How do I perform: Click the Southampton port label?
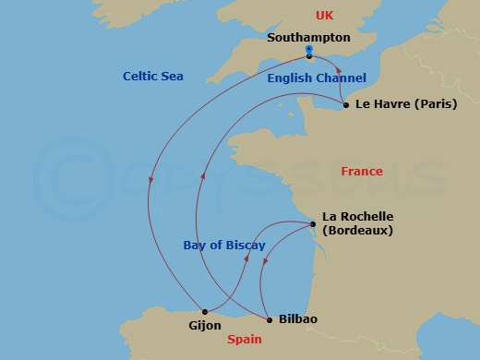tap(307, 38)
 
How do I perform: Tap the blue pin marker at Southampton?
tap(308, 50)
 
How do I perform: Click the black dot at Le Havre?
tap(345, 105)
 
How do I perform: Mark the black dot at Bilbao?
tap(269, 319)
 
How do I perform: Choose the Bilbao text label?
tap(297, 319)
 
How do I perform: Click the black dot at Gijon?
tap(204, 311)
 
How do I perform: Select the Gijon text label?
tap(199, 326)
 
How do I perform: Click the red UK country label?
tap(324, 16)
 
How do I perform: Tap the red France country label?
tap(361, 172)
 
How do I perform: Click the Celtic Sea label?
tap(152, 76)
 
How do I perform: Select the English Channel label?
tap(317, 78)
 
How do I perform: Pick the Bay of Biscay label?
tap(223, 246)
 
